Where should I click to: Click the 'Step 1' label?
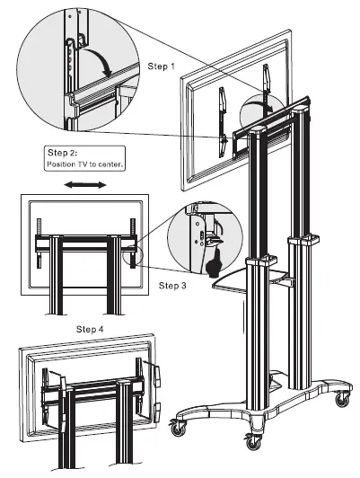[162, 66]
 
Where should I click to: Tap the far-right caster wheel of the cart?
[344, 395]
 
